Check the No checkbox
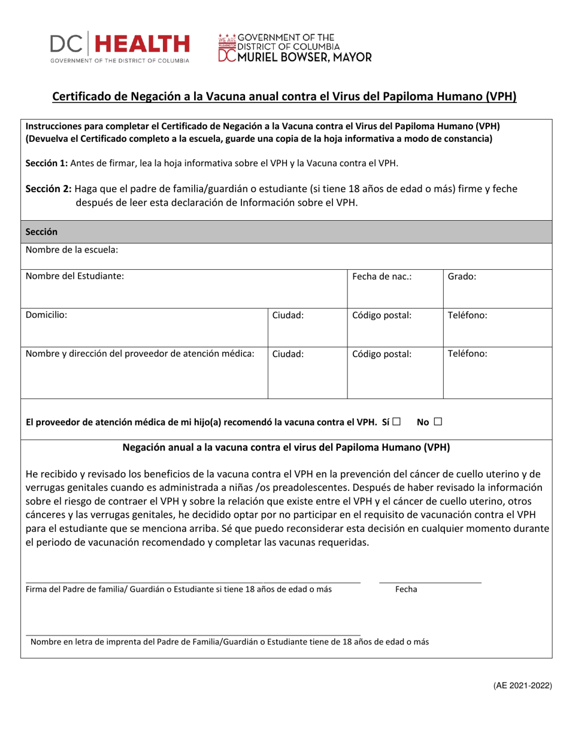pyautogui.click(x=438, y=422)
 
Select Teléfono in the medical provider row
pyautogui.click(x=467, y=353)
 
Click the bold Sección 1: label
pyautogui.click(x=46, y=163)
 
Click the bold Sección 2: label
pyautogui.click(x=49, y=188)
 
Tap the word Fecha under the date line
pyautogui.click(x=407, y=589)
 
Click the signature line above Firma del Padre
pyautogui.click(x=192, y=582)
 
